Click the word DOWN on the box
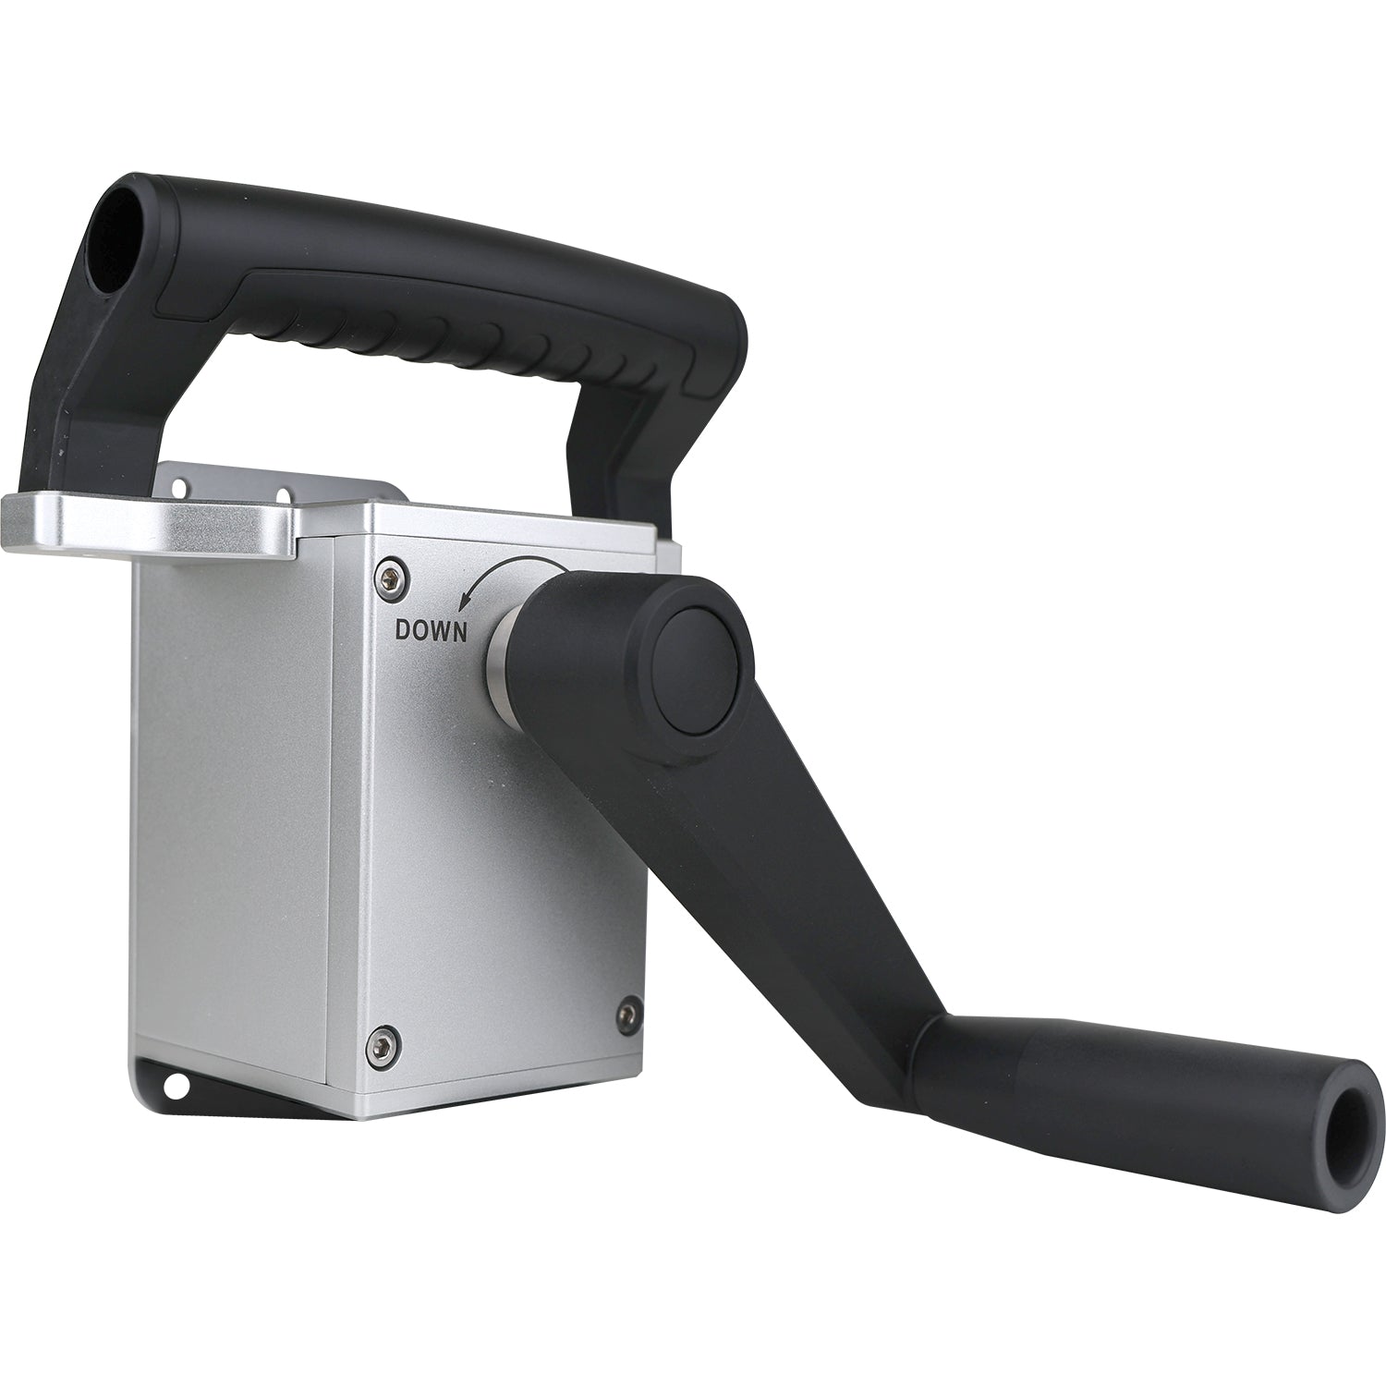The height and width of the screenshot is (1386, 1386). (x=432, y=630)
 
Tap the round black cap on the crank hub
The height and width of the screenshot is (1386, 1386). (x=702, y=665)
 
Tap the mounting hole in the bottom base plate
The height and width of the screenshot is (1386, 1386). (x=174, y=1080)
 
